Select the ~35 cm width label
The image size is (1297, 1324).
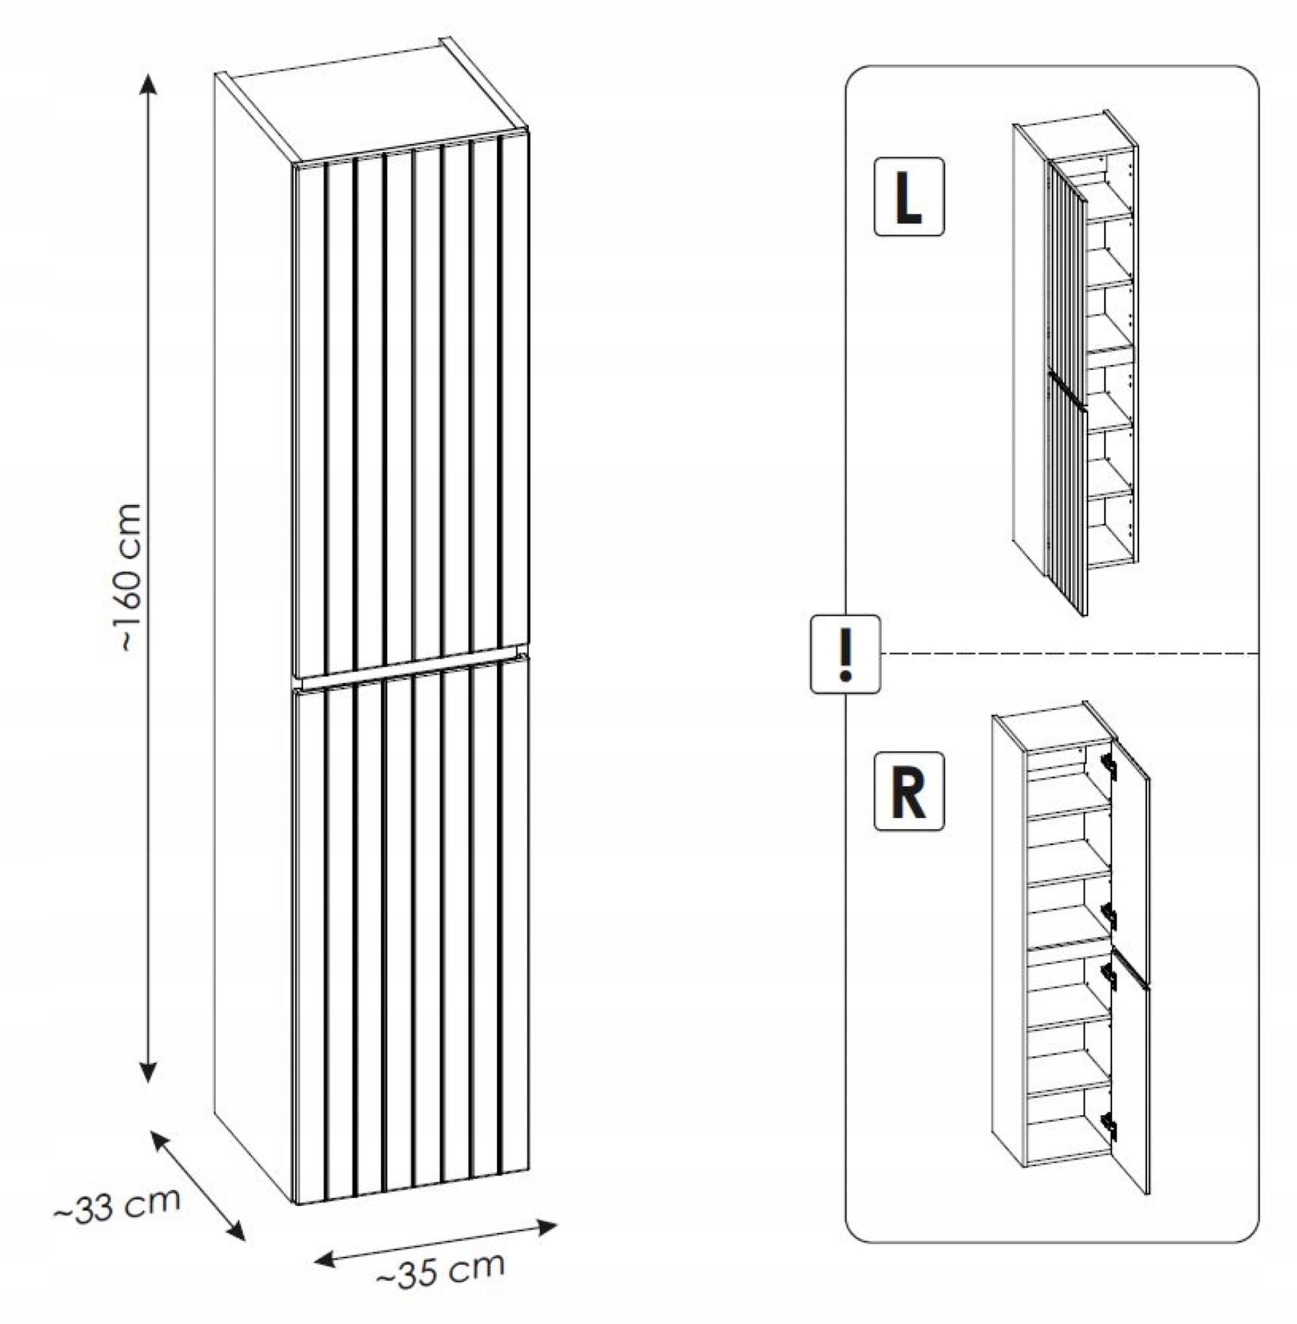[442, 1268]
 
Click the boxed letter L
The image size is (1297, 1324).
[909, 197]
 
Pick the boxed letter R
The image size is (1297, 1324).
[909, 790]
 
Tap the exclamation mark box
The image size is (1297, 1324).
[845, 654]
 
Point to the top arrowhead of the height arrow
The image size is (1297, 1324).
[148, 85]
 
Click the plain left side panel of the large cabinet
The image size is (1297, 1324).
[252, 613]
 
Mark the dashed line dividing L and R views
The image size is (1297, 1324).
[1069, 654]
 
